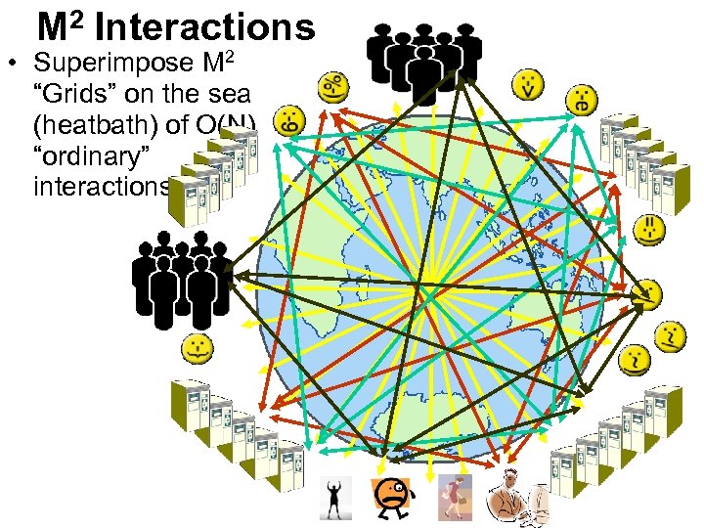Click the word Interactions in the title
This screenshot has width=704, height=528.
click(x=205, y=26)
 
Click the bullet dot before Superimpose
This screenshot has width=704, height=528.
click(x=13, y=66)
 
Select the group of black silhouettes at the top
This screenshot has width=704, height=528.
click(x=423, y=60)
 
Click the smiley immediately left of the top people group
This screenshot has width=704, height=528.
click(x=332, y=87)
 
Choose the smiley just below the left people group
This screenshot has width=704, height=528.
click(x=198, y=346)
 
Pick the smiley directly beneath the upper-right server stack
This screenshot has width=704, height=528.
click(x=648, y=230)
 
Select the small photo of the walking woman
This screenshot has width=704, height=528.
click(x=454, y=497)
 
